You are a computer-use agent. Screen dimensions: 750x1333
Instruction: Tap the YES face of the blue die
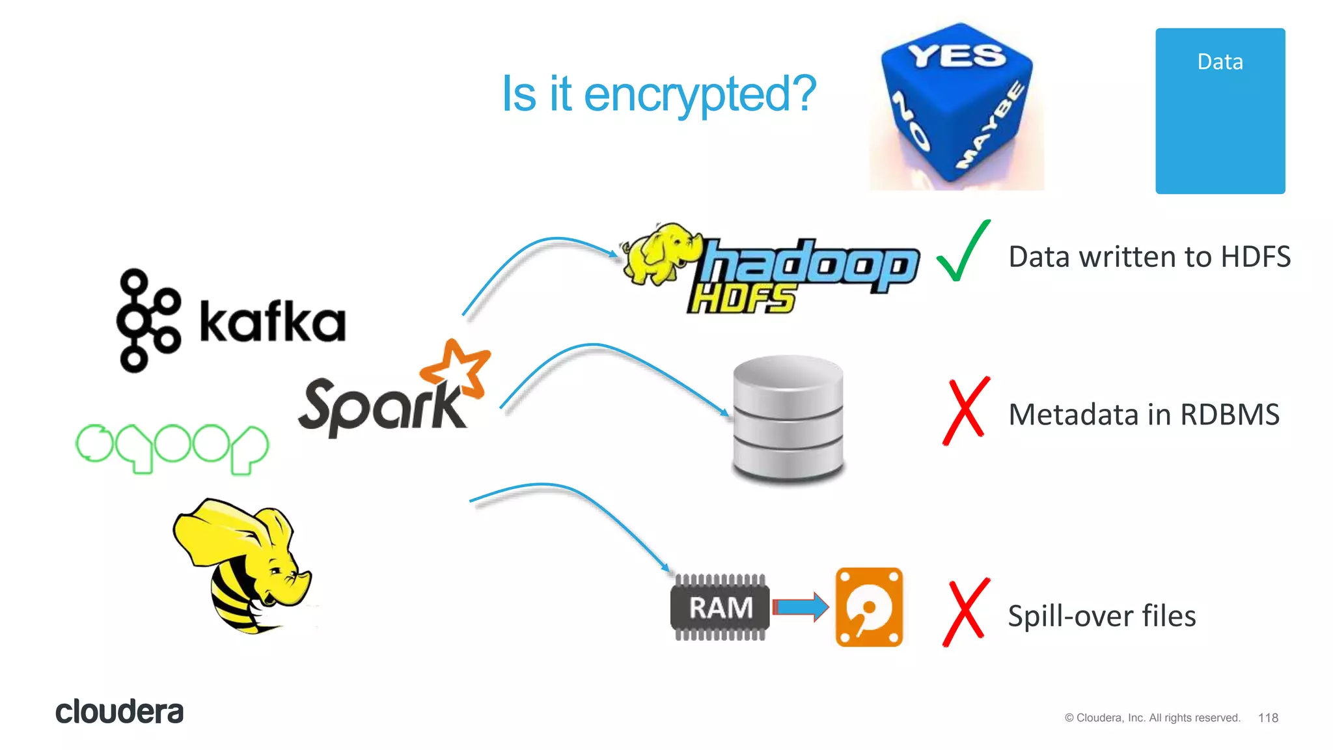click(957, 56)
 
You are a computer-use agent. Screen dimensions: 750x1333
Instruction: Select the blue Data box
click(1220, 111)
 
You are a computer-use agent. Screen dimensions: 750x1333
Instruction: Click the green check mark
click(963, 252)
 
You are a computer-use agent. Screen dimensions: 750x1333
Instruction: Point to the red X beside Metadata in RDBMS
click(966, 411)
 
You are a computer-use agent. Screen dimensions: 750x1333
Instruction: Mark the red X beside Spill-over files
click(966, 613)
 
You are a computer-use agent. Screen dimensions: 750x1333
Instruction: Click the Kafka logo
click(231, 320)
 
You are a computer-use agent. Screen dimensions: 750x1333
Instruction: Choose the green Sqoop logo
click(172, 448)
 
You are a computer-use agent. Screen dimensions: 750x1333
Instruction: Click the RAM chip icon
click(720, 607)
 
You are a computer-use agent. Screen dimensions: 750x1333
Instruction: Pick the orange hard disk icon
click(869, 607)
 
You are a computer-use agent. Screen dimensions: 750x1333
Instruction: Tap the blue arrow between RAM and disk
click(801, 607)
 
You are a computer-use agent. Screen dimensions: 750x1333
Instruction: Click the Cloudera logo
click(119, 712)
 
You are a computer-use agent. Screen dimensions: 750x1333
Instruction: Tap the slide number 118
click(1268, 717)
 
